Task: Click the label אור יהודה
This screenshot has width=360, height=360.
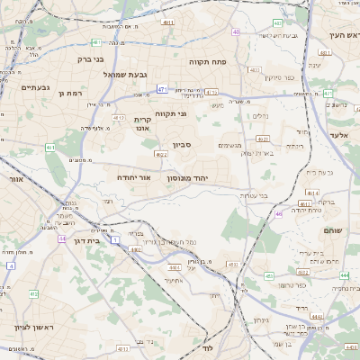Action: click(134, 177)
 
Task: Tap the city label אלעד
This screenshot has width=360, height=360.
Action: click(339, 135)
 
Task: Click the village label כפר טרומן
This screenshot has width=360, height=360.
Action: click(292, 285)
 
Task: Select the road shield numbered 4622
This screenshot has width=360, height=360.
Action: click(162, 155)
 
